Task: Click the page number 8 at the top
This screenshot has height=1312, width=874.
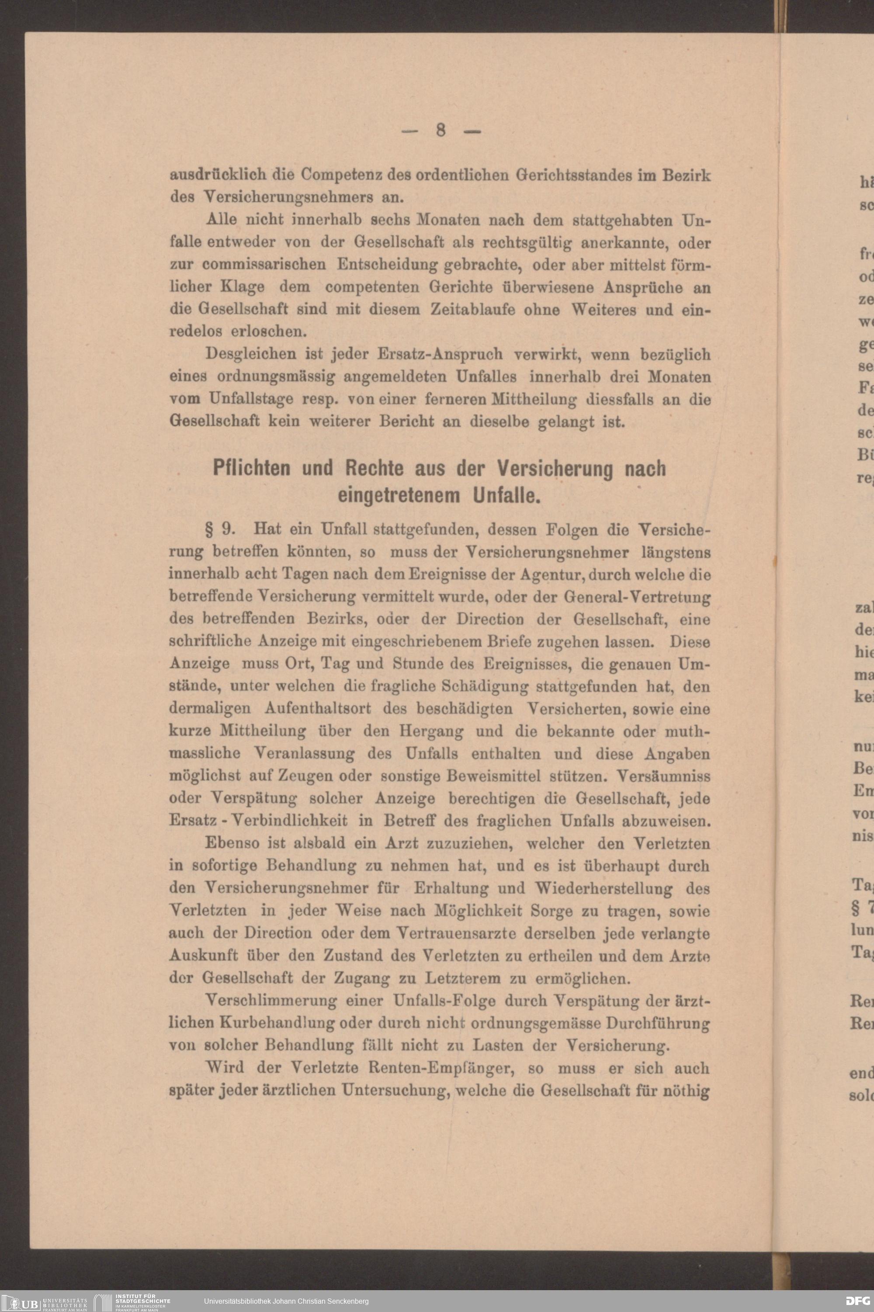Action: point(440,130)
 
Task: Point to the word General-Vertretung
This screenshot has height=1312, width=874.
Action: point(638,597)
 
